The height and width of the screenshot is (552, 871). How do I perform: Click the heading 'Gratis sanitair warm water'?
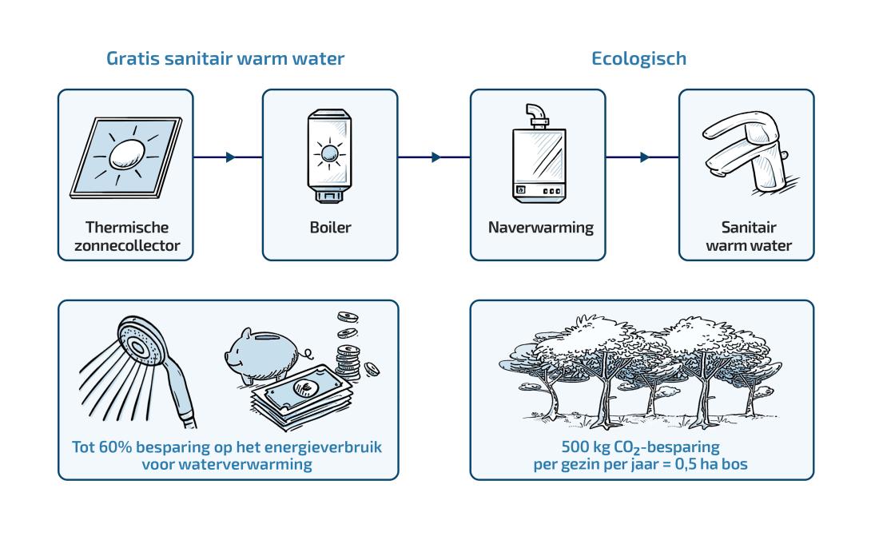225,58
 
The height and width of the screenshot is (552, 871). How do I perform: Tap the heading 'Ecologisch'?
638,59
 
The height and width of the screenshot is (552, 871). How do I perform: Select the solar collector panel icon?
126,157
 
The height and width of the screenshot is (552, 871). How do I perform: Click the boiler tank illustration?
329,156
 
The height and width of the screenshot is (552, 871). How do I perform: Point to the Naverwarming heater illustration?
539,153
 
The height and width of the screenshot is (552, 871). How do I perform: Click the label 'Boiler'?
331,227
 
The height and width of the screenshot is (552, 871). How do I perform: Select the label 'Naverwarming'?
540,228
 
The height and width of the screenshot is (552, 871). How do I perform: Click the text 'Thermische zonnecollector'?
127,236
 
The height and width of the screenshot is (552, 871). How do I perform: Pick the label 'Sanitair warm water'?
749,236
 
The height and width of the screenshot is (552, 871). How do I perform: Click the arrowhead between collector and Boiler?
230,157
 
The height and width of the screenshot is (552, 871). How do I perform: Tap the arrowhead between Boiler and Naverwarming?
436,157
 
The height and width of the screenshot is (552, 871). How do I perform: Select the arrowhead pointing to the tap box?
644,157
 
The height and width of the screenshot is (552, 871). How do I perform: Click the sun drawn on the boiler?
329,153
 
